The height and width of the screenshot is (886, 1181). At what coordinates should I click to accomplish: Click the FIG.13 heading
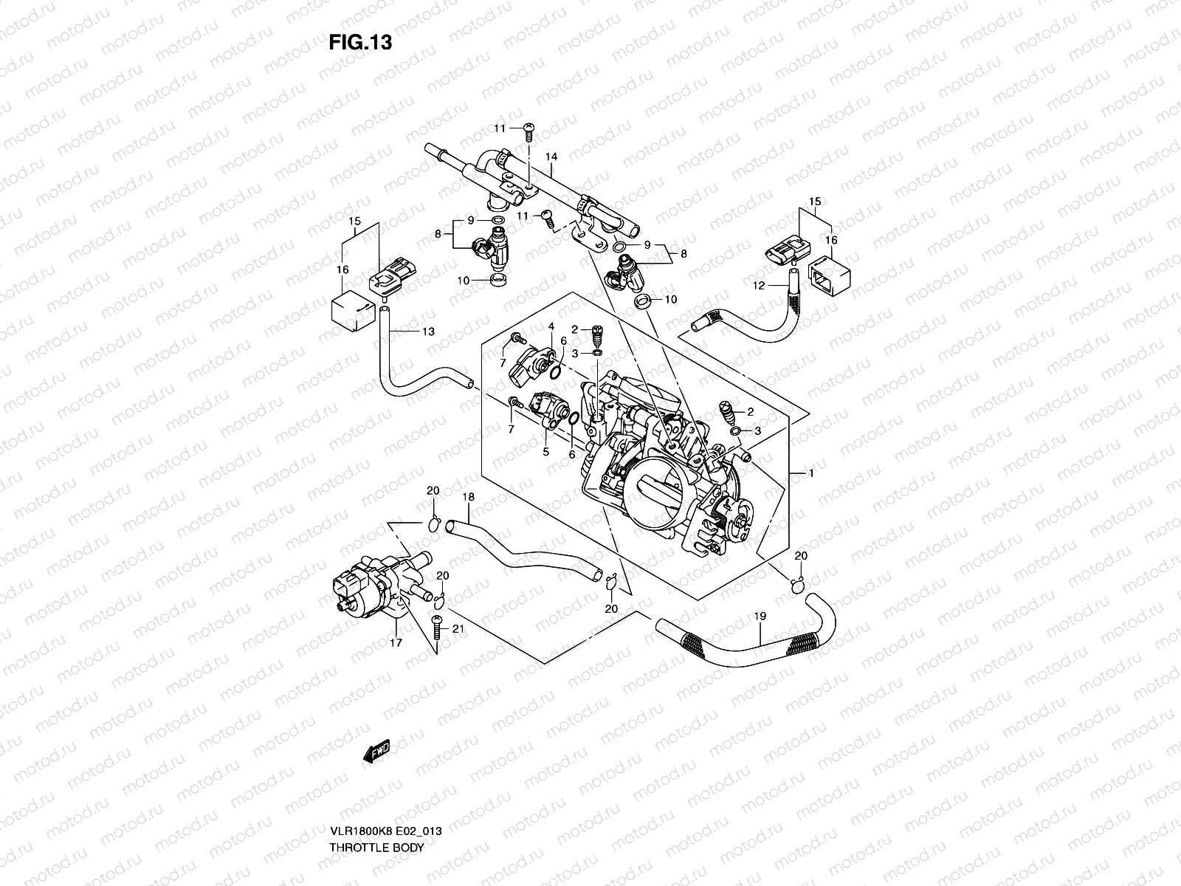[360, 43]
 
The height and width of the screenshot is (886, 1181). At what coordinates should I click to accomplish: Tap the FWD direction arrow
[377, 752]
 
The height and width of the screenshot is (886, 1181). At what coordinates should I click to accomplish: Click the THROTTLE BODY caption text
[376, 806]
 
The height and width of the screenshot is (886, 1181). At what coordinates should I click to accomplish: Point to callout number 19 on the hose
[760, 616]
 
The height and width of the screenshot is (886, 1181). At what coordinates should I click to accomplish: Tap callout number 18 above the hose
[468, 498]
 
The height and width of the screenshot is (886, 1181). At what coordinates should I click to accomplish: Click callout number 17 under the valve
[396, 642]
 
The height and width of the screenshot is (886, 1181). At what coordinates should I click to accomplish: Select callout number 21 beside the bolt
[458, 630]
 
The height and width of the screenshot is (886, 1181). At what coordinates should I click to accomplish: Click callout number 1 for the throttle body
[810, 473]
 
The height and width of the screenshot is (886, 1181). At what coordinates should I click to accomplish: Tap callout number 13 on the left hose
[428, 332]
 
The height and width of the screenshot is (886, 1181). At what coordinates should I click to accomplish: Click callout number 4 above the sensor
[551, 326]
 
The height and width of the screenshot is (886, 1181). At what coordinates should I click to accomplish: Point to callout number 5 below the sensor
[546, 452]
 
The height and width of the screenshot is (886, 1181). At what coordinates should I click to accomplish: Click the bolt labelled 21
[436, 627]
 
